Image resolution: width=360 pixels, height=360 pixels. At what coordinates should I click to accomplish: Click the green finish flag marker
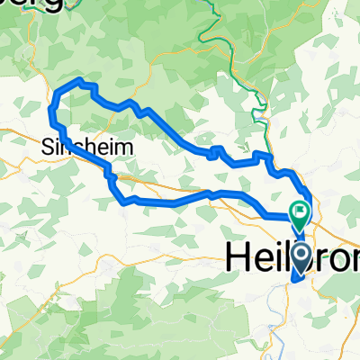pos(299,212)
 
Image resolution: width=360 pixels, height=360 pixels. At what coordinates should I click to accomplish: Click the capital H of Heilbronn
pos(236,256)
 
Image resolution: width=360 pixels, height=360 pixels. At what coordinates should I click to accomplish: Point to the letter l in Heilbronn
pos(280,256)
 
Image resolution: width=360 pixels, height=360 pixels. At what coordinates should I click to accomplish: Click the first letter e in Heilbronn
pos(256,258)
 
